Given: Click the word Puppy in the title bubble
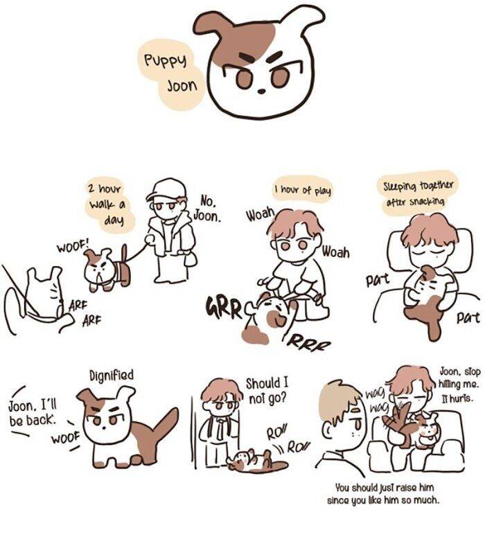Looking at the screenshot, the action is [x=166, y=61].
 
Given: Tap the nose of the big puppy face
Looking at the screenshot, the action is [x=261, y=91].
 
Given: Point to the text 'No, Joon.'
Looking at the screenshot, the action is [x=207, y=209].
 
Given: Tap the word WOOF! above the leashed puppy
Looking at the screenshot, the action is [x=73, y=245].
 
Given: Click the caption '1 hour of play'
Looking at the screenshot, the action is [x=303, y=190].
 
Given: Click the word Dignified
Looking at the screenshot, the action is [x=112, y=376].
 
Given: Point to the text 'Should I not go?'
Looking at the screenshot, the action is [x=267, y=390].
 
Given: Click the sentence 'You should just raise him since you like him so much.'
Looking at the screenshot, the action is [x=383, y=493].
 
